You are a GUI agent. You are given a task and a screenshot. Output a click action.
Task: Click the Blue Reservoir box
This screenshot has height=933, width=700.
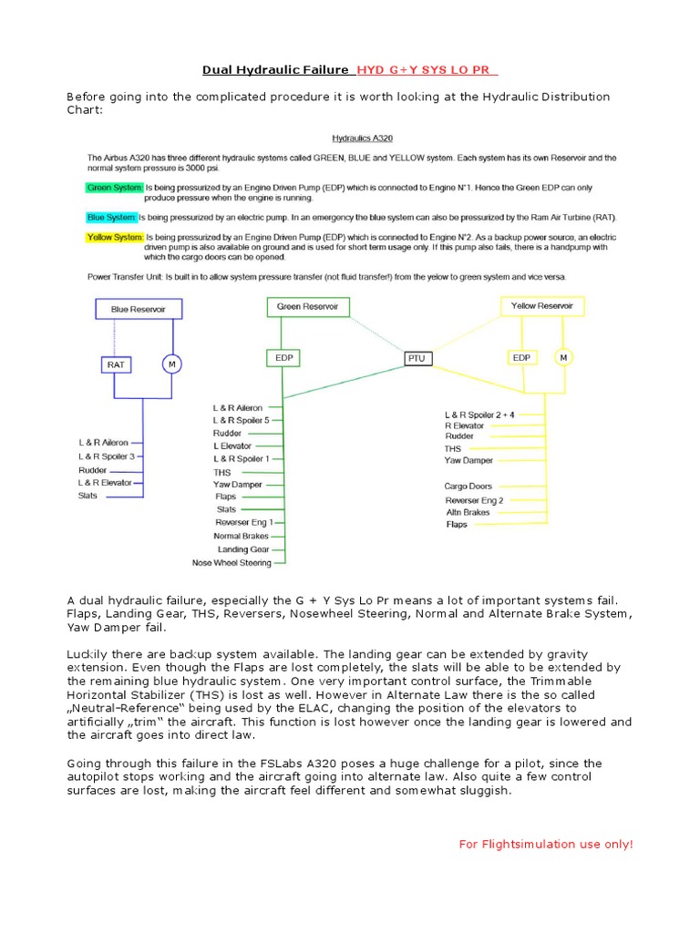coord(139,309)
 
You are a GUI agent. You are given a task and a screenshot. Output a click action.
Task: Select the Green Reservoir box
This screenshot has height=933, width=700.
coord(307,307)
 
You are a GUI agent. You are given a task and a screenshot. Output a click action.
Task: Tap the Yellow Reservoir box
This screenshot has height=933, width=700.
coord(542,306)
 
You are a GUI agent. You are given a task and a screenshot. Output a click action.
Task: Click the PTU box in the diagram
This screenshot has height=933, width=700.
coord(417,359)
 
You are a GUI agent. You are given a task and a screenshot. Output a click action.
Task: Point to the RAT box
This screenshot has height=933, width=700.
coord(115,364)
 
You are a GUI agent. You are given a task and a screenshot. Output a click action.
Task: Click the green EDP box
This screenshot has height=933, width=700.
coord(283,358)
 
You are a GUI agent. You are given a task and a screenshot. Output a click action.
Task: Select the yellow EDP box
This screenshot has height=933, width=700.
coord(521,357)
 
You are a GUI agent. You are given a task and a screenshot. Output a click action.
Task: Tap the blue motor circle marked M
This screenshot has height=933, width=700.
coord(170,364)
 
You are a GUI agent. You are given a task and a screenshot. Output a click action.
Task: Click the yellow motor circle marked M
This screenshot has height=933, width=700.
coord(563,357)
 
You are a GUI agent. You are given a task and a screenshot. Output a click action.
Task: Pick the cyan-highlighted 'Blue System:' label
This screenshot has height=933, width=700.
coord(108,218)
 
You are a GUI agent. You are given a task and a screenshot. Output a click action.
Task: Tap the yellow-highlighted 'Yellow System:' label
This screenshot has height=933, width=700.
coord(114,237)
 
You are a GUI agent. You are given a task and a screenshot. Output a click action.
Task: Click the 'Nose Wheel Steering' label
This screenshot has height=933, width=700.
coord(232,563)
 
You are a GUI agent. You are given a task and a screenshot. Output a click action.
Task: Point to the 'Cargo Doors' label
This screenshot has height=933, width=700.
coord(468,487)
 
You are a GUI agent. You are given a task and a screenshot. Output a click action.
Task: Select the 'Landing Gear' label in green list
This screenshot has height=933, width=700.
coord(243,549)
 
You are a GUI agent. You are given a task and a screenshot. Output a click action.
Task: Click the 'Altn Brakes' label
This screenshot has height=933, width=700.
coord(468,512)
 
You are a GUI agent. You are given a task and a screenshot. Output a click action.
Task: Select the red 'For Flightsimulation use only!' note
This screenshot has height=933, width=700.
coord(545,845)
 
